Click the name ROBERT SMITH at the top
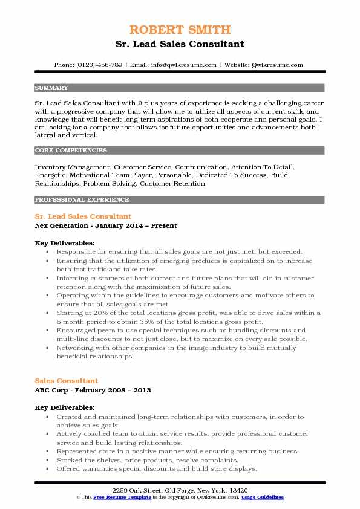point(180,30)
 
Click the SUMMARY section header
point(51,88)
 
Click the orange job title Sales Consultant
point(67,381)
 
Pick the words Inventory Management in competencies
point(73,166)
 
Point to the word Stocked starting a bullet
point(70,460)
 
